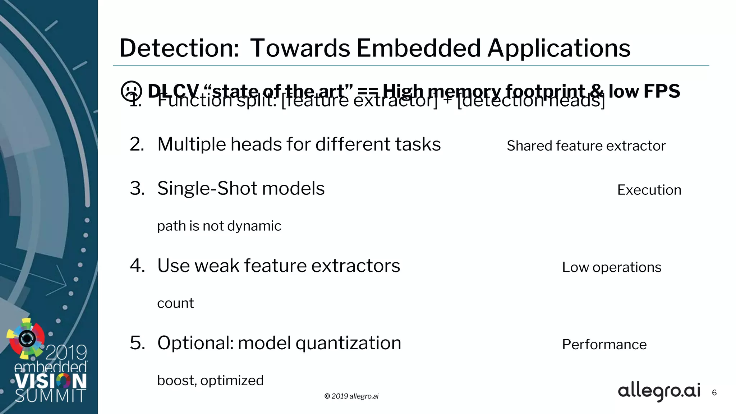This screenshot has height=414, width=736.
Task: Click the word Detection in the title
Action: point(179,48)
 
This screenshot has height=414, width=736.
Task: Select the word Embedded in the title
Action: point(419,48)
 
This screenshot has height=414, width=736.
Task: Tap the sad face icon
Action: point(132,91)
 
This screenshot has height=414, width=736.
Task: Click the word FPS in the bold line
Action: point(662,91)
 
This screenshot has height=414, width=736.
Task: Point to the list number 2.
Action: point(137,144)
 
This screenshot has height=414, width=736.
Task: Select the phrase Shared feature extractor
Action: point(586,146)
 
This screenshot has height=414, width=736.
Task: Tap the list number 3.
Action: point(137,189)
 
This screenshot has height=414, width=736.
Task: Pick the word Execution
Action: point(649,190)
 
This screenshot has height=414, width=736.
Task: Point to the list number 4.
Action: point(137,266)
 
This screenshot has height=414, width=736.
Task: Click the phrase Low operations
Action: point(612,267)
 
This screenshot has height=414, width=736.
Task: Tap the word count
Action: point(175,304)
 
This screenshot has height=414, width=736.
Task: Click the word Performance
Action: point(604,345)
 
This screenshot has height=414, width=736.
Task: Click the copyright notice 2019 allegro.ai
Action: point(351,396)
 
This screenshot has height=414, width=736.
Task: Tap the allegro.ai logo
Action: point(659,391)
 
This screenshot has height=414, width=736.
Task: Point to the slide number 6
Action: point(714,393)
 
